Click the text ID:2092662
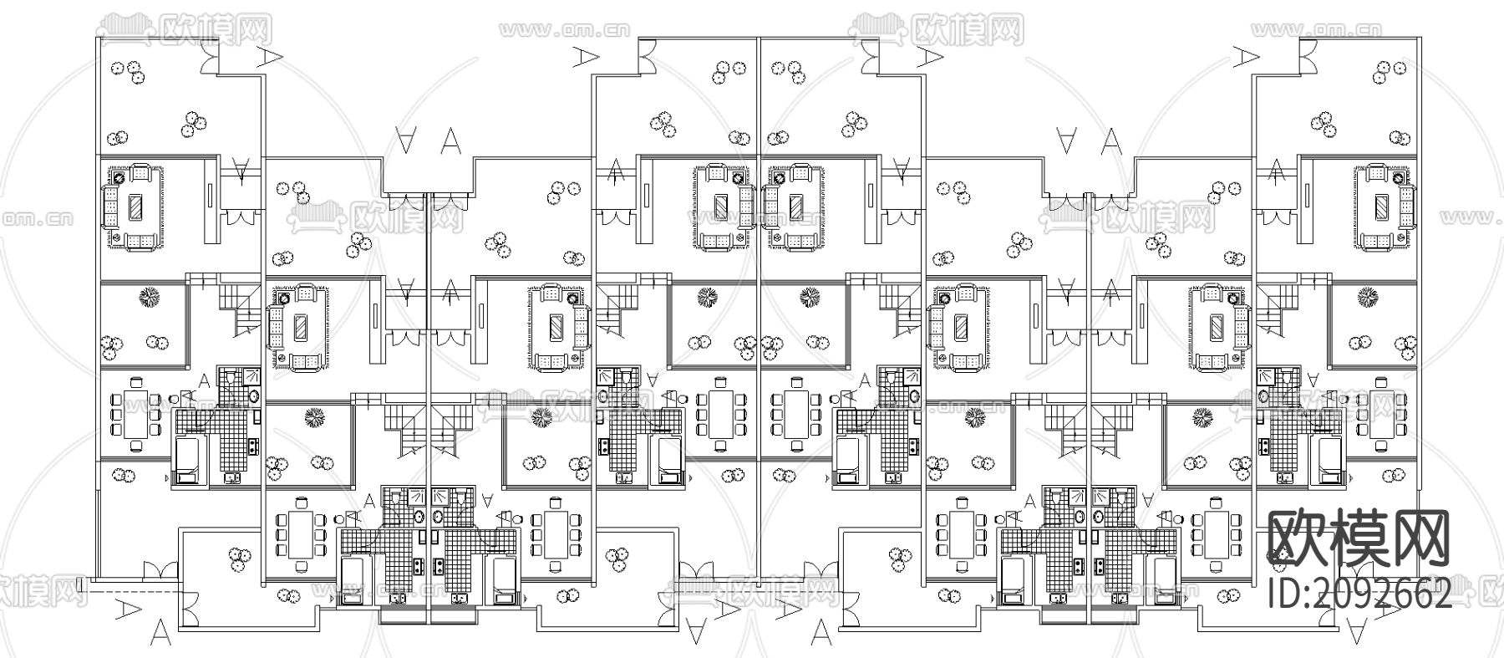(x=1359, y=595)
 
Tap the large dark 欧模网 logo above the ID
(x=1359, y=537)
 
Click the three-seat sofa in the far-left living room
(x=109, y=207)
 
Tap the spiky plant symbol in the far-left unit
(x=149, y=297)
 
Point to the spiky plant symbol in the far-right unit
(x=1367, y=297)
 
